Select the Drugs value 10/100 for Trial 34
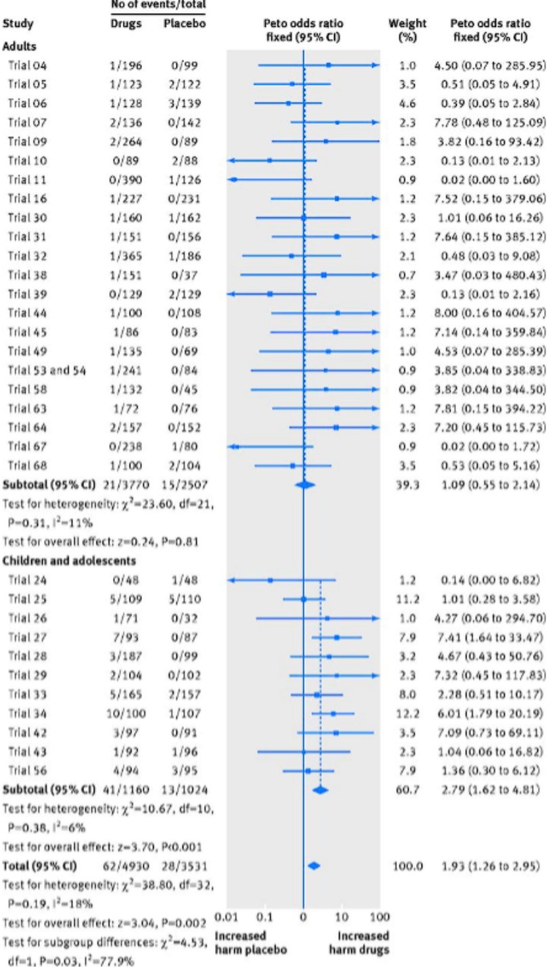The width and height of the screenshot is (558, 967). (126, 713)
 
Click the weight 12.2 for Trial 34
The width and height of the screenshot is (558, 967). (407, 713)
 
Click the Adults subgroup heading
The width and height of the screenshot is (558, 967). (20, 49)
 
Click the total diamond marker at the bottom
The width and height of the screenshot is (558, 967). (313, 866)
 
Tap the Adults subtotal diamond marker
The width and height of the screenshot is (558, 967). (305, 485)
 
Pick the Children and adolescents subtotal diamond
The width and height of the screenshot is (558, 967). (320, 790)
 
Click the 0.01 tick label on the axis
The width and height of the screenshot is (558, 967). (227, 916)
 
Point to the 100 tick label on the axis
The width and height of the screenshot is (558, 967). (380, 916)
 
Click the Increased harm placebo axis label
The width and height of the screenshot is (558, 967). (251, 943)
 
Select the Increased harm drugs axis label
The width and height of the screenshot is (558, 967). (363, 943)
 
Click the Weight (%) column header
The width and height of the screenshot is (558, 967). (407, 30)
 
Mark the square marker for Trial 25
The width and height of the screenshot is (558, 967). (304, 599)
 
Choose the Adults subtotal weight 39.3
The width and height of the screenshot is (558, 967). (407, 485)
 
